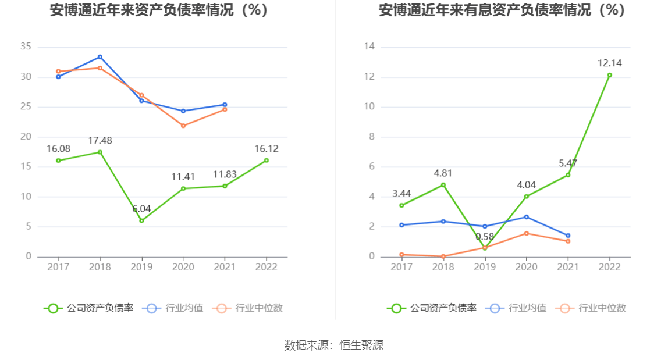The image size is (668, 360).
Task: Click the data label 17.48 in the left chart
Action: point(100,141)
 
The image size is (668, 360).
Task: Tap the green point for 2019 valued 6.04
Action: point(141,220)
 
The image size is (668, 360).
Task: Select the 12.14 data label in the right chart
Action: point(609,63)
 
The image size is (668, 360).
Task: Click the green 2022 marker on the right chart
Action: point(609,75)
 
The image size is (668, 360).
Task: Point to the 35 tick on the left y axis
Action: point(26,47)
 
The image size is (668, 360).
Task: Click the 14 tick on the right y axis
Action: point(369,47)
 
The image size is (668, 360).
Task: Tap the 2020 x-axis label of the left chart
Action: point(183,267)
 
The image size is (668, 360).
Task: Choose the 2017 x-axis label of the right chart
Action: point(401,267)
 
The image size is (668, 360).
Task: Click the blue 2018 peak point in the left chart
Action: point(100,57)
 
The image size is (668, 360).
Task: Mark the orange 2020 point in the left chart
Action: point(183,126)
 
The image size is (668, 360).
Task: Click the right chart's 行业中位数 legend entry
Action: point(591,308)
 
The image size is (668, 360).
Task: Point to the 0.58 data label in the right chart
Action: point(485,237)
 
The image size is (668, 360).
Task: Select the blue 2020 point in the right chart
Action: point(526,217)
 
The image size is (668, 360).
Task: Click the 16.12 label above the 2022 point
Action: point(266,149)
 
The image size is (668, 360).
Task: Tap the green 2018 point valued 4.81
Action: point(443,185)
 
